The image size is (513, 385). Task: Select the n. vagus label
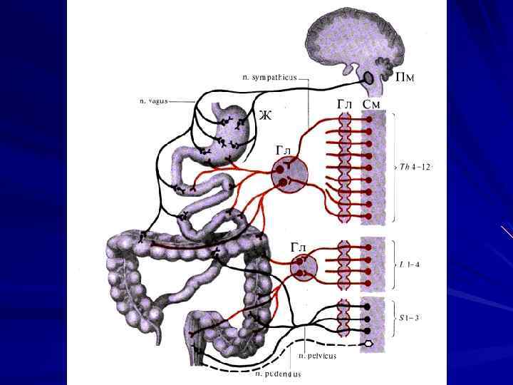pyautogui.click(x=153, y=101)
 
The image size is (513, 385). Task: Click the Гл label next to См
pyautogui.click(x=345, y=105)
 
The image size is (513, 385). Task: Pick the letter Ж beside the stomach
pyautogui.click(x=264, y=115)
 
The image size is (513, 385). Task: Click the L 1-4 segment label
pyautogui.click(x=409, y=264)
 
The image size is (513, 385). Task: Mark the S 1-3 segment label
pyautogui.click(x=409, y=317)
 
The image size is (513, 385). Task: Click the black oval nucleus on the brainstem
pyautogui.click(x=370, y=76)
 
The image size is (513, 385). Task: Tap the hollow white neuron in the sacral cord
pyautogui.click(x=368, y=343)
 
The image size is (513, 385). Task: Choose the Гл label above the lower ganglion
pyautogui.click(x=299, y=247)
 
